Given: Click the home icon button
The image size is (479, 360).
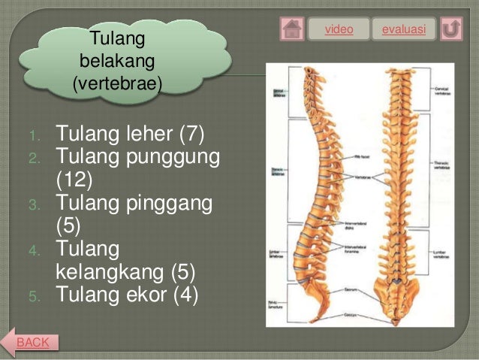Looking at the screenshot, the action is point(292,29).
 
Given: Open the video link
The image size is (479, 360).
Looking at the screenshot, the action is point(338,29).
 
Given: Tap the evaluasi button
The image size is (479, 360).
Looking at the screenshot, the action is point(404,29).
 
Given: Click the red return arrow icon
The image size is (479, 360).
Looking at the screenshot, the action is point(450,29).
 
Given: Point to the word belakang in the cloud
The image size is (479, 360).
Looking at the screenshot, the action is point(116,60).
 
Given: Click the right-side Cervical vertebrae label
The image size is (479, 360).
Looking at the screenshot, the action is point(441,91).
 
